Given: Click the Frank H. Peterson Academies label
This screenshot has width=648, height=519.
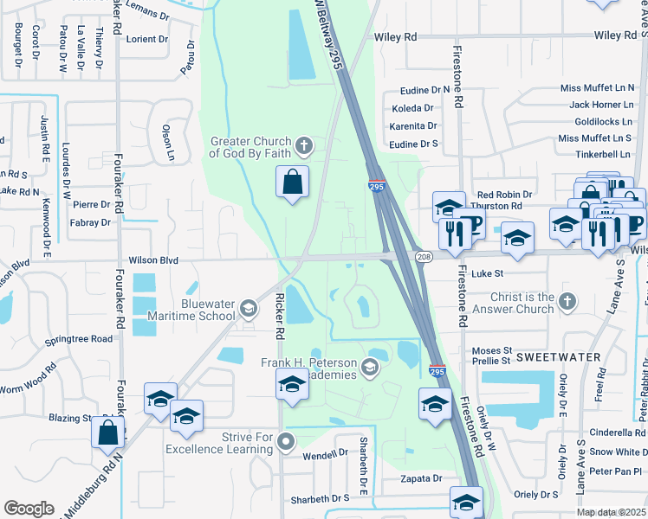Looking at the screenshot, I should [309, 368].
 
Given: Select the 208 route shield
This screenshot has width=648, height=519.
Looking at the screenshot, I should [424, 257].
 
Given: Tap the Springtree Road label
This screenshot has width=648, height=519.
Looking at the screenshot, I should [79, 339].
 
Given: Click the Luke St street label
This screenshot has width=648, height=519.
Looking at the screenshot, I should [488, 272].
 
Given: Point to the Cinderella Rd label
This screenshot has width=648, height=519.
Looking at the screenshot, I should [618, 432].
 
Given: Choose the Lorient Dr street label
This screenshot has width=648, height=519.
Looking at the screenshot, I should [146, 39].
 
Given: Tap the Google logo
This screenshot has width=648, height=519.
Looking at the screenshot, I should [29, 509].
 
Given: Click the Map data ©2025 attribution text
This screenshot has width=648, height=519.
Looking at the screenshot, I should [611, 512].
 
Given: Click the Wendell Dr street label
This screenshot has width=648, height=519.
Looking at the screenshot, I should [325, 455].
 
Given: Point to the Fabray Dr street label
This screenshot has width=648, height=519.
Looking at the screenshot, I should [93, 222].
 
